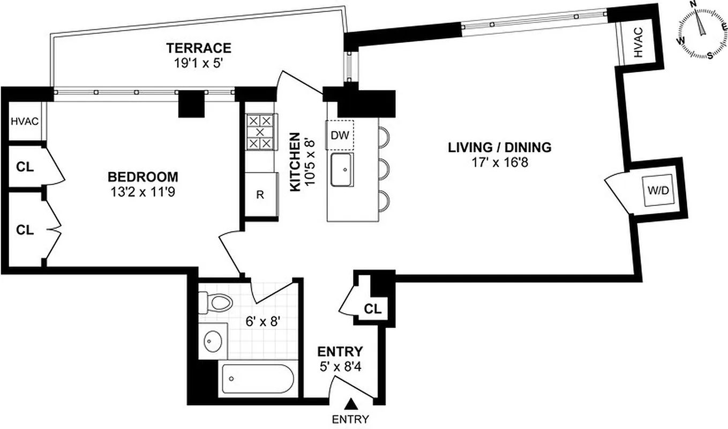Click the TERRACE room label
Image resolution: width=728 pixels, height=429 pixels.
[198, 48]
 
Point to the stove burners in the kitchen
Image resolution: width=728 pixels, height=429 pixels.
[260, 132]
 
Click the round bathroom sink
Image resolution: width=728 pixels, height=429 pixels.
[214, 340]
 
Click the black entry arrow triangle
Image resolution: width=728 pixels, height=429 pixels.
[351, 403]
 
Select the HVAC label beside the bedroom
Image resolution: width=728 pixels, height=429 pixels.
[25, 121]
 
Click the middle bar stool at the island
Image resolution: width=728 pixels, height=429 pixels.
[384, 171]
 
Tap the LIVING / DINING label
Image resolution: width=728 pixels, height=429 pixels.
[499, 147]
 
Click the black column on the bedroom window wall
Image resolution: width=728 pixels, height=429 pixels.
[192, 104]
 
